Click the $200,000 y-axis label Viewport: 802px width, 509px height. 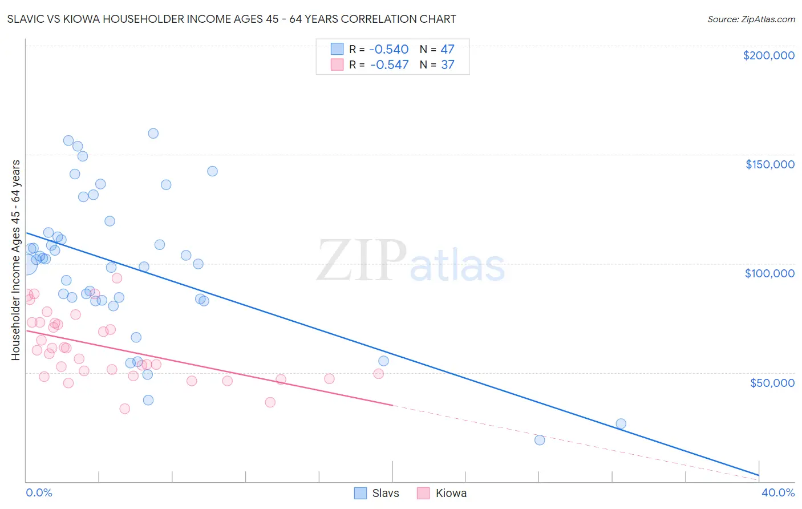[x=768, y=55]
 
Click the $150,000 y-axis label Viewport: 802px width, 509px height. [x=769, y=164]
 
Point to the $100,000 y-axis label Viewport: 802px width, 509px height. [x=769, y=273]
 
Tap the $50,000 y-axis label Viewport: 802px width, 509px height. [x=772, y=382]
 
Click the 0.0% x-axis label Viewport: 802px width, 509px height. [x=39, y=492]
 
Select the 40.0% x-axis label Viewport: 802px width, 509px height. [x=778, y=492]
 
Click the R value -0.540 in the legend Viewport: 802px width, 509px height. [x=389, y=50]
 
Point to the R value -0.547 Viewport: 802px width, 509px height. [x=389, y=65]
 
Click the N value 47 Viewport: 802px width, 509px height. [x=447, y=50]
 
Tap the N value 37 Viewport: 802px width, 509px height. [x=447, y=65]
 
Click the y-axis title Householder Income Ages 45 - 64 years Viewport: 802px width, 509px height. [x=16, y=260]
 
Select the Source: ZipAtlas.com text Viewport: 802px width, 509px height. [x=751, y=19]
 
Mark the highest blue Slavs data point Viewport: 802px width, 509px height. [x=153, y=134]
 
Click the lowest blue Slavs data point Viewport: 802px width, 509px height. [x=540, y=440]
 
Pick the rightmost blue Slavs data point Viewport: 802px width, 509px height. [x=621, y=423]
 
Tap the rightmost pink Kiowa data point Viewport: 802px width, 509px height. [x=378, y=374]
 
